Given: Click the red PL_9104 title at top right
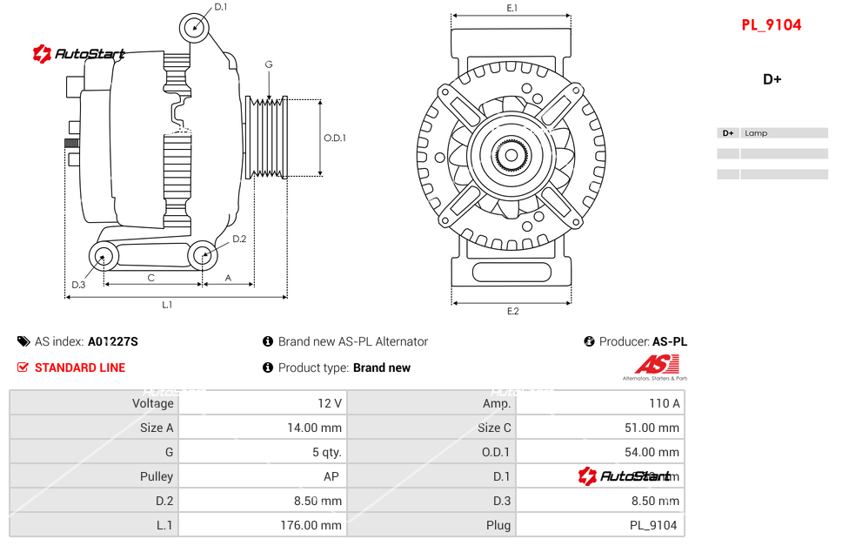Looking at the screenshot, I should pos(771,25).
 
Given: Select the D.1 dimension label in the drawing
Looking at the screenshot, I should pos(220,7).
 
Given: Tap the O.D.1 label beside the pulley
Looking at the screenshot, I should pos(335,138).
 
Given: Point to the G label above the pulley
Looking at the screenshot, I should pos(269,65).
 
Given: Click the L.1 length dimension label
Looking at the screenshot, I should pos(167,305).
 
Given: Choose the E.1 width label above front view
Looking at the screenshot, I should pos(512,9).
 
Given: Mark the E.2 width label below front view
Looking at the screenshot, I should pos(512,311).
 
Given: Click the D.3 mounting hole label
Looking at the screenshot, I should pos(78,285).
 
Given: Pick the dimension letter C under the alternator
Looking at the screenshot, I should pos(150,279).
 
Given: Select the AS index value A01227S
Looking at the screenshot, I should pos(112,341).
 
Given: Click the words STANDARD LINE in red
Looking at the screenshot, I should pos(80,367).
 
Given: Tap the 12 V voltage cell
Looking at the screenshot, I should pos(330,403).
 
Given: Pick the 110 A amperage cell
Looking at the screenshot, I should pos(665,403).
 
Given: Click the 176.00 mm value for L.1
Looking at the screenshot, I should pos(312,525).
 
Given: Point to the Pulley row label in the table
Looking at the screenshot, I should pos(157,476).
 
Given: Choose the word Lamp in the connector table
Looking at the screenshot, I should pos(756,133).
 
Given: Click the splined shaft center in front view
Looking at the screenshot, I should pos(511,156).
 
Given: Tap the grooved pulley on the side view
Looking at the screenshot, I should pos(268,138).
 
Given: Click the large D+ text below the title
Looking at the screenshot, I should pos(772,79).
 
